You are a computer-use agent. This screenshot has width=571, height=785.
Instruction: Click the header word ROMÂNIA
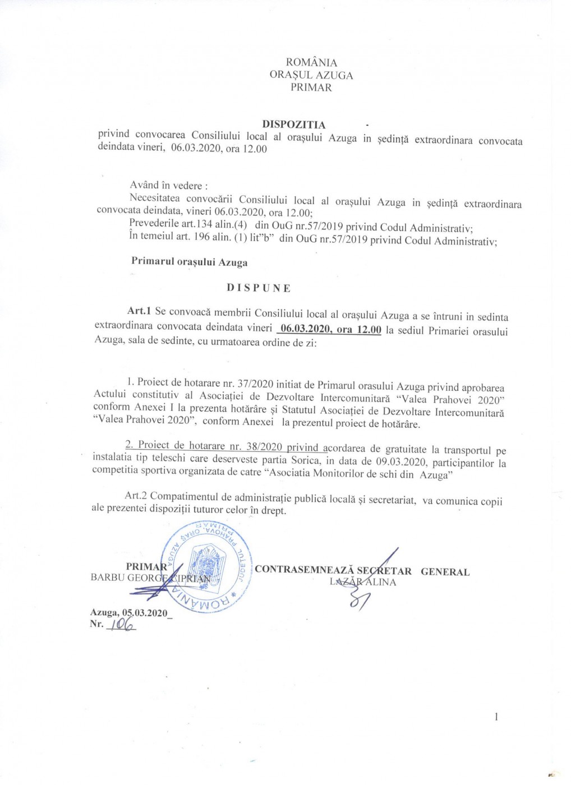[311, 62]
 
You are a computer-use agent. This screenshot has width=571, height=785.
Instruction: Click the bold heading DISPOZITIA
[294, 124]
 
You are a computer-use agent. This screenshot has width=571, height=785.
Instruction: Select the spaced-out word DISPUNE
[259, 288]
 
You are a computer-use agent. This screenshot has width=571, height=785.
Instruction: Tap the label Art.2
[136, 496]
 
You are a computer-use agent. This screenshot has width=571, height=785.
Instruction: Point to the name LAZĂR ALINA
[363, 582]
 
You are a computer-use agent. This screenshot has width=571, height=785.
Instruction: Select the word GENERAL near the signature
[445, 572]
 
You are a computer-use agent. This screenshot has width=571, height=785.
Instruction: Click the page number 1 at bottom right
[496, 717]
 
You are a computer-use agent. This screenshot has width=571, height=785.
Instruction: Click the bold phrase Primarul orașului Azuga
[189, 261]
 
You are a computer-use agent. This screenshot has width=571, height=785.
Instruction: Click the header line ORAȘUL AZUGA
[311, 75]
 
